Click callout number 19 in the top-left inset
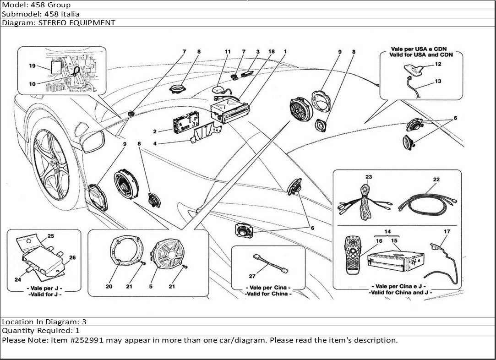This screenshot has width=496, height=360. [x=32, y=66]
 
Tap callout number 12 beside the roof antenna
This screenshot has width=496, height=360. [x=438, y=65]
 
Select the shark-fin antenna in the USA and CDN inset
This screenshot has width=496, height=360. [x=415, y=70]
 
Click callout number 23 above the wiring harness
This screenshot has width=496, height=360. [x=369, y=177]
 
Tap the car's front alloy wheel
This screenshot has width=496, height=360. [x=51, y=165]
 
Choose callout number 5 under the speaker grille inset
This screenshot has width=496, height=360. [x=151, y=286]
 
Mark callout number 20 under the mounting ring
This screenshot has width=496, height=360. [x=109, y=286]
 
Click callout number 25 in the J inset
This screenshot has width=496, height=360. [x=50, y=236]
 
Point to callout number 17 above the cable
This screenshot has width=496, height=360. [x=447, y=232]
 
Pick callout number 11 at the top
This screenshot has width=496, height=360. [x=228, y=52]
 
